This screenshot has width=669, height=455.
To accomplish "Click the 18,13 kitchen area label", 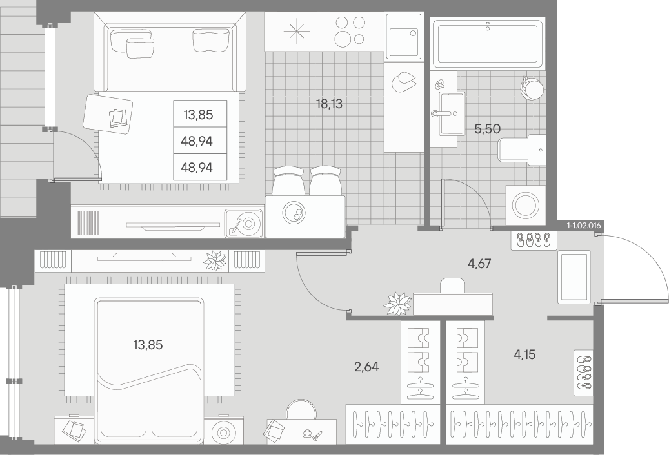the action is click(330, 104).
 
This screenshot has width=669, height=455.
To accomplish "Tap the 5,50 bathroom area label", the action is click(487, 128).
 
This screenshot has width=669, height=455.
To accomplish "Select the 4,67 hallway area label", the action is click(479, 264).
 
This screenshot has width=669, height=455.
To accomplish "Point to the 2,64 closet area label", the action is click(366, 367).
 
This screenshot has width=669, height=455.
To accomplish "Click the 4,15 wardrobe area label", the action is click(524, 354).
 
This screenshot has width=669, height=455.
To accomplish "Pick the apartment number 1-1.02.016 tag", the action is click(584, 226).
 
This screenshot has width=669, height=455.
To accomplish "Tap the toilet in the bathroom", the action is click(522, 150).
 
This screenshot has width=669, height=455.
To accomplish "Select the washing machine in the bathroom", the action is click(526, 205).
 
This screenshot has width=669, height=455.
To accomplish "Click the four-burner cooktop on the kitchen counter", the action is click(350, 32).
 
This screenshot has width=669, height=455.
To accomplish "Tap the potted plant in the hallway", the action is click(397, 304).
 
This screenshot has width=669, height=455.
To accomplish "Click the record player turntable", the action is click(243, 223).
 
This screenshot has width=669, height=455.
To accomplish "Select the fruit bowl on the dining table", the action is click(294, 212).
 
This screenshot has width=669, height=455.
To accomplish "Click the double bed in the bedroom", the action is click(149, 371).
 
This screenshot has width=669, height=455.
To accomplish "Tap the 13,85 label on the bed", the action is click(148, 345).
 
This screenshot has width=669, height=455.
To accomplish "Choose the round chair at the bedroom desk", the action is click(302, 410).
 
